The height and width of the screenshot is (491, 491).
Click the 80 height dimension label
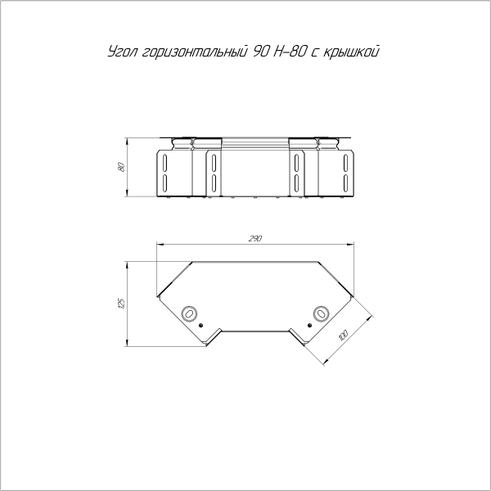click(x=121, y=167)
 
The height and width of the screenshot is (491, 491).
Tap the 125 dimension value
click(x=121, y=303)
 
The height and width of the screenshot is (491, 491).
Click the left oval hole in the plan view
click(x=189, y=313)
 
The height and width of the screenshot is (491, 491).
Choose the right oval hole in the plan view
click(x=320, y=313)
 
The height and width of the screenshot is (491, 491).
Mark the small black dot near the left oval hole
click(x=200, y=325)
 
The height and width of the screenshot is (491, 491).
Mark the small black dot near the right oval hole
click(x=309, y=325)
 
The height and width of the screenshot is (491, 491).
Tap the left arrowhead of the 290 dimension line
click(x=159, y=243)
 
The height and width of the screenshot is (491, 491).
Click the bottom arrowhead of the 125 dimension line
click(x=127, y=342)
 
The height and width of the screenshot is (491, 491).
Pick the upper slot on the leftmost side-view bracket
click(x=164, y=159)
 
